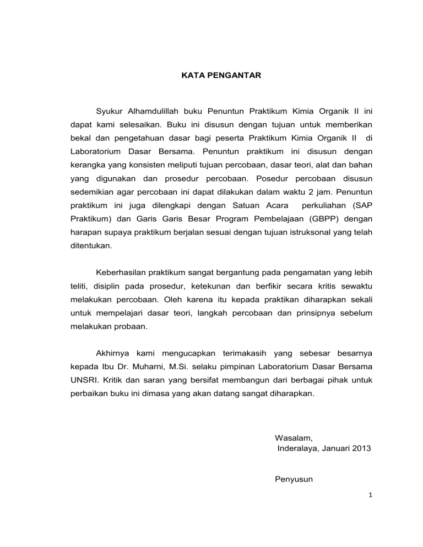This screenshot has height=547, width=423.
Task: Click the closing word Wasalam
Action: tap(294, 439)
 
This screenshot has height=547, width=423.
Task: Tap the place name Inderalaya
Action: tap(299, 448)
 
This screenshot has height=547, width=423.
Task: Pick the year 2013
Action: tap(360, 448)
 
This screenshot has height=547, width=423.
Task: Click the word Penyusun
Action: tap(294, 479)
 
